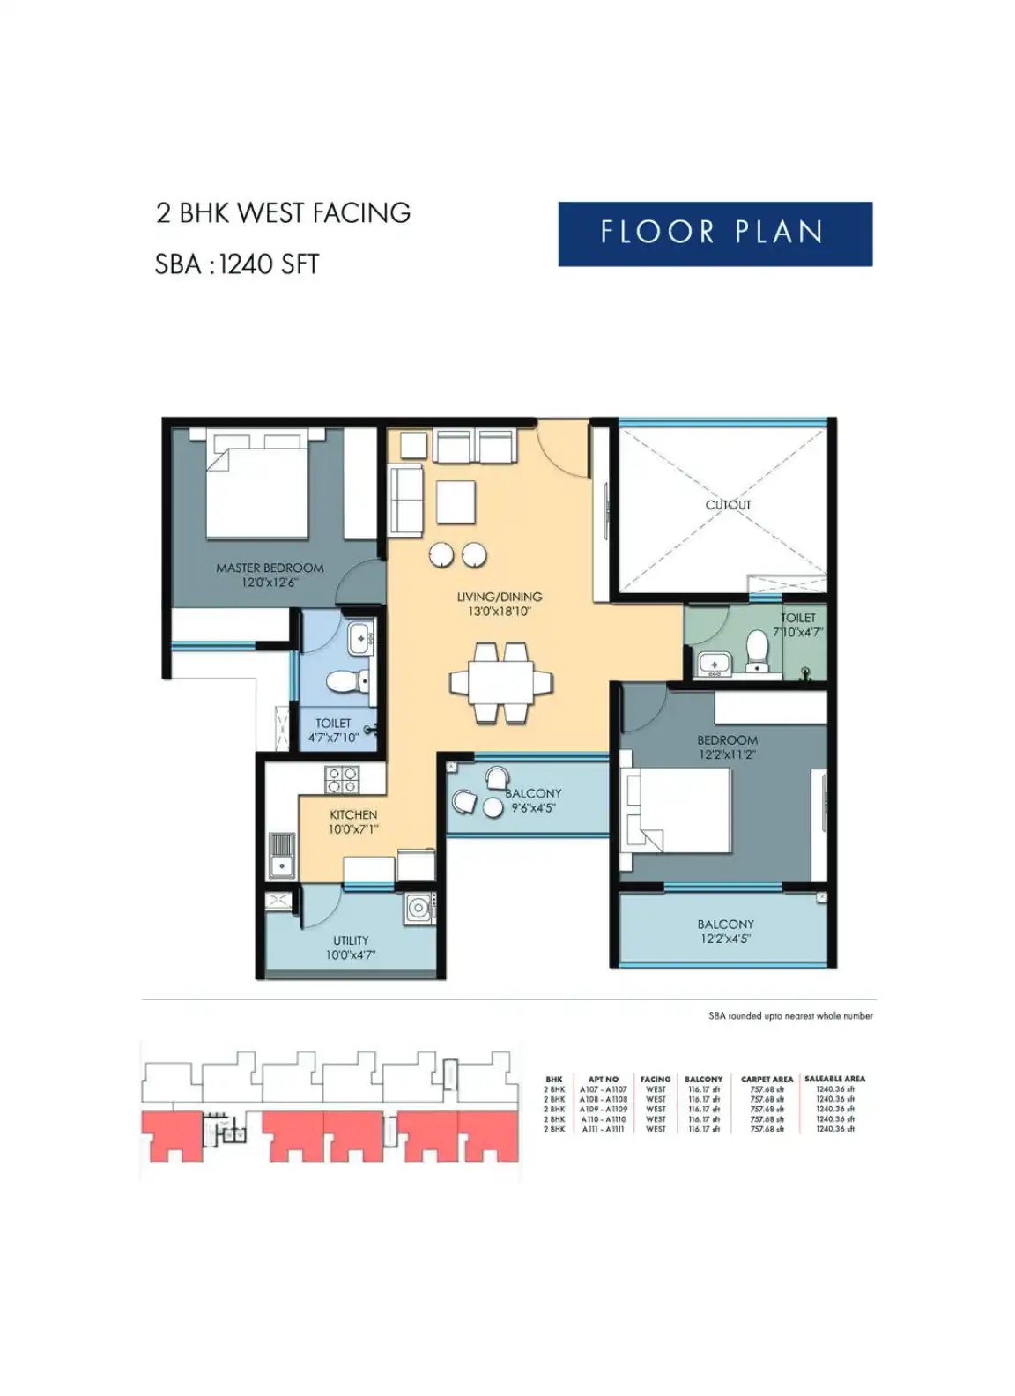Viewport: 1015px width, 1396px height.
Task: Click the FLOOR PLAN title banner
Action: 714,234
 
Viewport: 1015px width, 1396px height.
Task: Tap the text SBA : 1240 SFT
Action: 236,264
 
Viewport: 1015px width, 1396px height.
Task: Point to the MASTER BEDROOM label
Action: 270,568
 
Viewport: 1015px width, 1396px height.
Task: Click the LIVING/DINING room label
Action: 499,597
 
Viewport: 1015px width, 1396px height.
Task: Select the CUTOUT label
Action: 728,505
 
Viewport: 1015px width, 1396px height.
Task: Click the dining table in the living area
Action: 500,683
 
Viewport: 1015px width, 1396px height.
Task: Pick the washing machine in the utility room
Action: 418,909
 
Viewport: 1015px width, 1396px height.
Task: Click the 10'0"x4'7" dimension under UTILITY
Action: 351,954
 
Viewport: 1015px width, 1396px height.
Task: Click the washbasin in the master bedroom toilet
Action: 359,638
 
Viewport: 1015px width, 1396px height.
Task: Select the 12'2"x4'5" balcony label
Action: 725,939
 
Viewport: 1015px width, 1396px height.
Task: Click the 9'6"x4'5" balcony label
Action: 534,807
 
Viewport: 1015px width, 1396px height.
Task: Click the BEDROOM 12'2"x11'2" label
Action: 727,747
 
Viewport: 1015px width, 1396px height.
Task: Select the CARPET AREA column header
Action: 767,1079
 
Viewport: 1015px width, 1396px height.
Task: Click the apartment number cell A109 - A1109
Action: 604,1109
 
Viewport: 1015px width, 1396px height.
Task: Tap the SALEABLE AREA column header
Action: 834,1079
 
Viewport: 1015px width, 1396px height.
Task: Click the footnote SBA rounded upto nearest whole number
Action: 790,1016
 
